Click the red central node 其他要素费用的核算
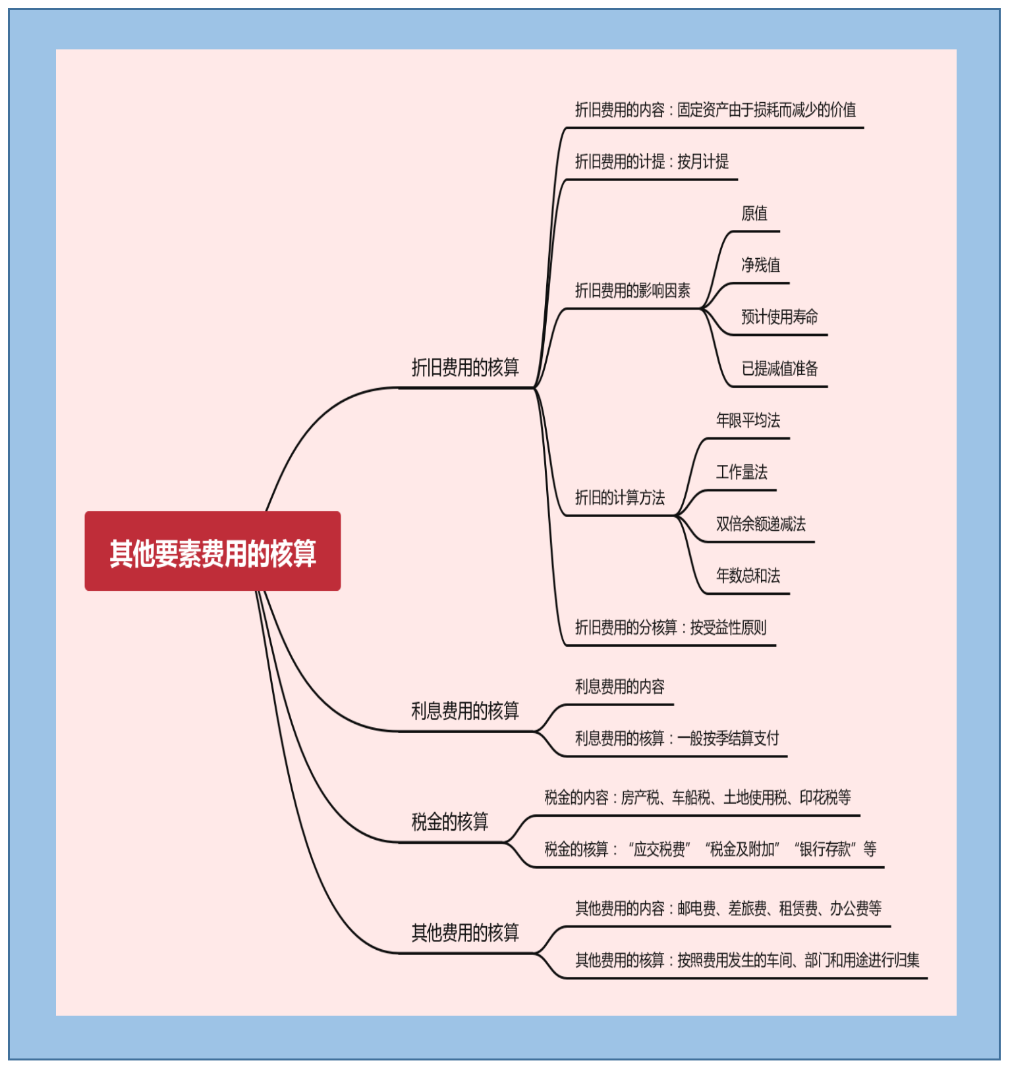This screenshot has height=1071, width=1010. pyautogui.click(x=212, y=551)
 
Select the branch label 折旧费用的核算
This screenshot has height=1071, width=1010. pyautogui.click(x=465, y=367)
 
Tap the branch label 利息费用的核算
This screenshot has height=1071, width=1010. pyautogui.click(x=465, y=710)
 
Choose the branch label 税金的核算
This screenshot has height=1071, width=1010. pyautogui.click(x=450, y=821)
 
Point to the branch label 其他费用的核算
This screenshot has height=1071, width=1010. pyautogui.click(x=465, y=932)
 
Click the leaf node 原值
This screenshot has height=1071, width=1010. pyautogui.click(x=754, y=213)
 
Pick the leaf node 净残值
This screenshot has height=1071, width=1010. pyautogui.click(x=760, y=265)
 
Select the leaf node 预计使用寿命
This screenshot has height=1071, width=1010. pyautogui.click(x=779, y=317)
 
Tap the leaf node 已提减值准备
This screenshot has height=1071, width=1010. pyautogui.click(x=779, y=368)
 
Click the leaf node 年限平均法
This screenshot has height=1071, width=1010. pyautogui.click(x=748, y=420)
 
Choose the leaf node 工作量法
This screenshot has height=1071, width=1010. pyautogui.click(x=742, y=472)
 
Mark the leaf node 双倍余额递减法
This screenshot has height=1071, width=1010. pyautogui.click(x=760, y=524)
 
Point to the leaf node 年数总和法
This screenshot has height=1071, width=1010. pyautogui.click(x=748, y=575)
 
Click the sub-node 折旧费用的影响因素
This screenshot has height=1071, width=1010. pyautogui.click(x=632, y=290)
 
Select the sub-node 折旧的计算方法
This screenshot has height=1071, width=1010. pyautogui.click(x=620, y=497)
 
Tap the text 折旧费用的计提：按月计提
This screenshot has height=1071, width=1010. pyautogui.click(x=652, y=161)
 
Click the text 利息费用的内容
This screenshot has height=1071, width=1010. pyautogui.click(x=620, y=686)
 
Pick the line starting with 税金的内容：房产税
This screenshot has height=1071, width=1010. pyautogui.click(x=697, y=798)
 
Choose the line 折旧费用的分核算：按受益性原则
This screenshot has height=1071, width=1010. pyautogui.click(x=671, y=627)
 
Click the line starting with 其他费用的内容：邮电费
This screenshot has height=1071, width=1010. pyautogui.click(x=728, y=908)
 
